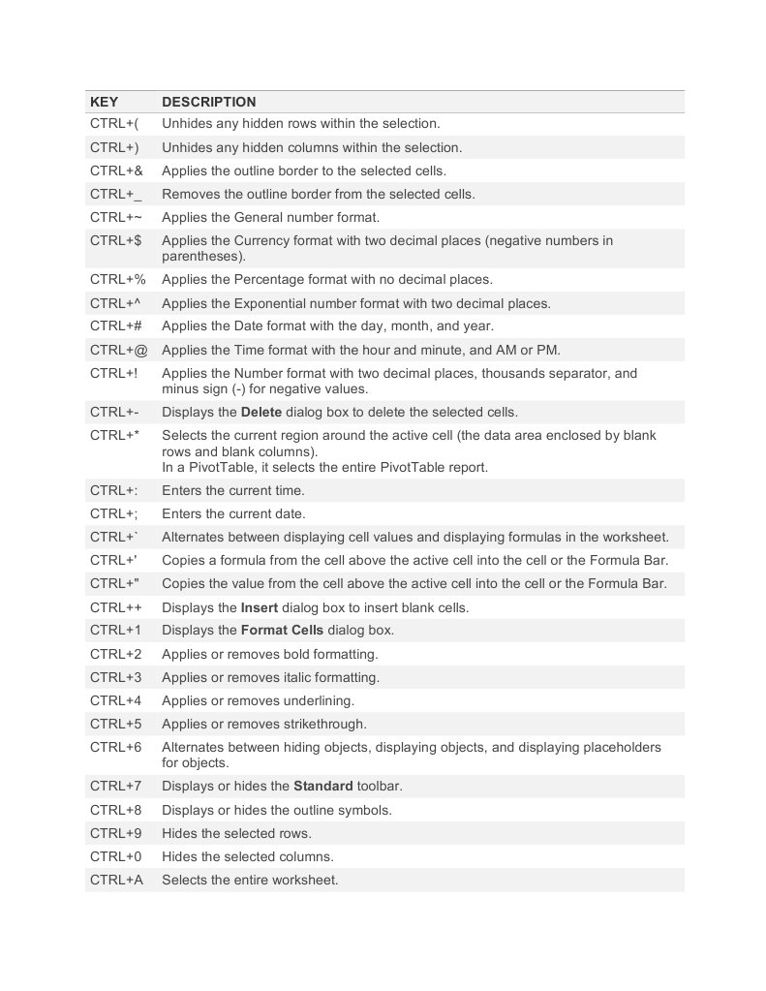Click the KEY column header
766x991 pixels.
(x=105, y=102)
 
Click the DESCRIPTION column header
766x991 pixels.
(x=209, y=102)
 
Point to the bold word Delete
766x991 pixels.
(x=261, y=412)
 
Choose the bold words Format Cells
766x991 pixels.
(x=282, y=630)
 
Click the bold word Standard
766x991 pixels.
(x=323, y=786)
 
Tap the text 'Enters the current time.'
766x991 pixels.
(x=233, y=490)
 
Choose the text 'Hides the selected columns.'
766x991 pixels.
(x=248, y=856)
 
